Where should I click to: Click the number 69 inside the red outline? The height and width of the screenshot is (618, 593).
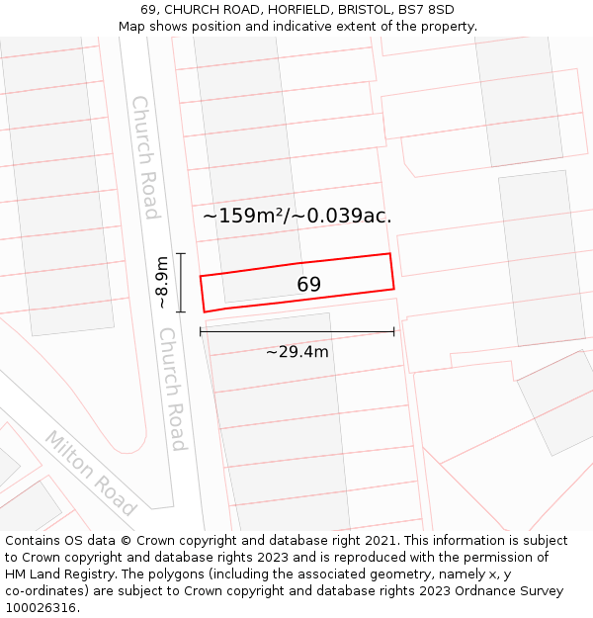[x=308, y=285]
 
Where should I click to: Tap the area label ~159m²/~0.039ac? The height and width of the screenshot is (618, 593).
[x=296, y=216]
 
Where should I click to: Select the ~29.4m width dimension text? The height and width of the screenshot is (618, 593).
[x=297, y=351]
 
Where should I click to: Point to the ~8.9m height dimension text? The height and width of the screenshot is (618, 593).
[x=163, y=282]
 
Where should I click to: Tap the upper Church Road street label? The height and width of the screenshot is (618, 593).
[x=145, y=157]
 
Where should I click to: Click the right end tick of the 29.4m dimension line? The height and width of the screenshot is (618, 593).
[x=394, y=332]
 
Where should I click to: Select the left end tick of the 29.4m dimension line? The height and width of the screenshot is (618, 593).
[x=201, y=332]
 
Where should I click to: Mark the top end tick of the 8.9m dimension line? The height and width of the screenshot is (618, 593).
[x=181, y=254]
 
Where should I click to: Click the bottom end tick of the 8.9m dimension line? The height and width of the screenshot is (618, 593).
[x=181, y=312]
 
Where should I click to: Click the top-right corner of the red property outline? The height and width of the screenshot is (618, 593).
[x=389, y=254]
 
